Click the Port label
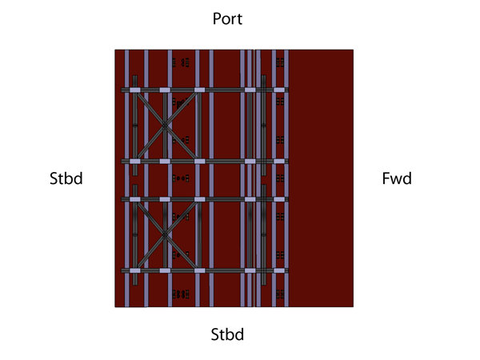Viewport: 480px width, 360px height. tap(227, 18)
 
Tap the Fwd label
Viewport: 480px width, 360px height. tap(397, 178)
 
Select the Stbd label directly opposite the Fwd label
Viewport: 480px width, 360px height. tap(66, 178)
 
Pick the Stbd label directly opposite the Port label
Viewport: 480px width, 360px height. tap(227, 334)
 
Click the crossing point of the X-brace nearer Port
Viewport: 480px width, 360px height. tap(165, 126)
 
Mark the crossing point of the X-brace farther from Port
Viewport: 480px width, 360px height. tap(165, 235)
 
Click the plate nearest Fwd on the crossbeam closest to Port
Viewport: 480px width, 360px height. tap(279, 90)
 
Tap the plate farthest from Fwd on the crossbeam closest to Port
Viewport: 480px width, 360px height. tap(135, 90)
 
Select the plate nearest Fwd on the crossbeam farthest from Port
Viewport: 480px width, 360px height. tap(279, 270)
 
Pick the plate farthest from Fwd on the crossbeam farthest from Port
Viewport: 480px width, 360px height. tap(135, 270)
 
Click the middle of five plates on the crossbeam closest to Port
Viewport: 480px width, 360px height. tap(199, 90)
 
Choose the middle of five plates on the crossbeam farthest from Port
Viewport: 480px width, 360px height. tap(199, 270)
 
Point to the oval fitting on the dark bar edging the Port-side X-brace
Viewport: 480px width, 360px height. tap(135, 126)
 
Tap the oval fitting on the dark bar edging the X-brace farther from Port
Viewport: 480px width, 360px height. tap(135, 234)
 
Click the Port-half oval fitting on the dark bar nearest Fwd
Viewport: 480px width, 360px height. tap(263, 125)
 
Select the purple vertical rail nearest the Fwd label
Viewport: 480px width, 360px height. tap(286, 178)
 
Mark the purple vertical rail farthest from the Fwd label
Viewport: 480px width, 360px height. tap(126, 178)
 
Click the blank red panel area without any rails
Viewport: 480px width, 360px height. tap(321, 178)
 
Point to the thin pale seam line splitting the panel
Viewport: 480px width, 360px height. tap(254, 178)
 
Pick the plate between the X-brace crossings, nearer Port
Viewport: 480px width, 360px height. tap(165, 162)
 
